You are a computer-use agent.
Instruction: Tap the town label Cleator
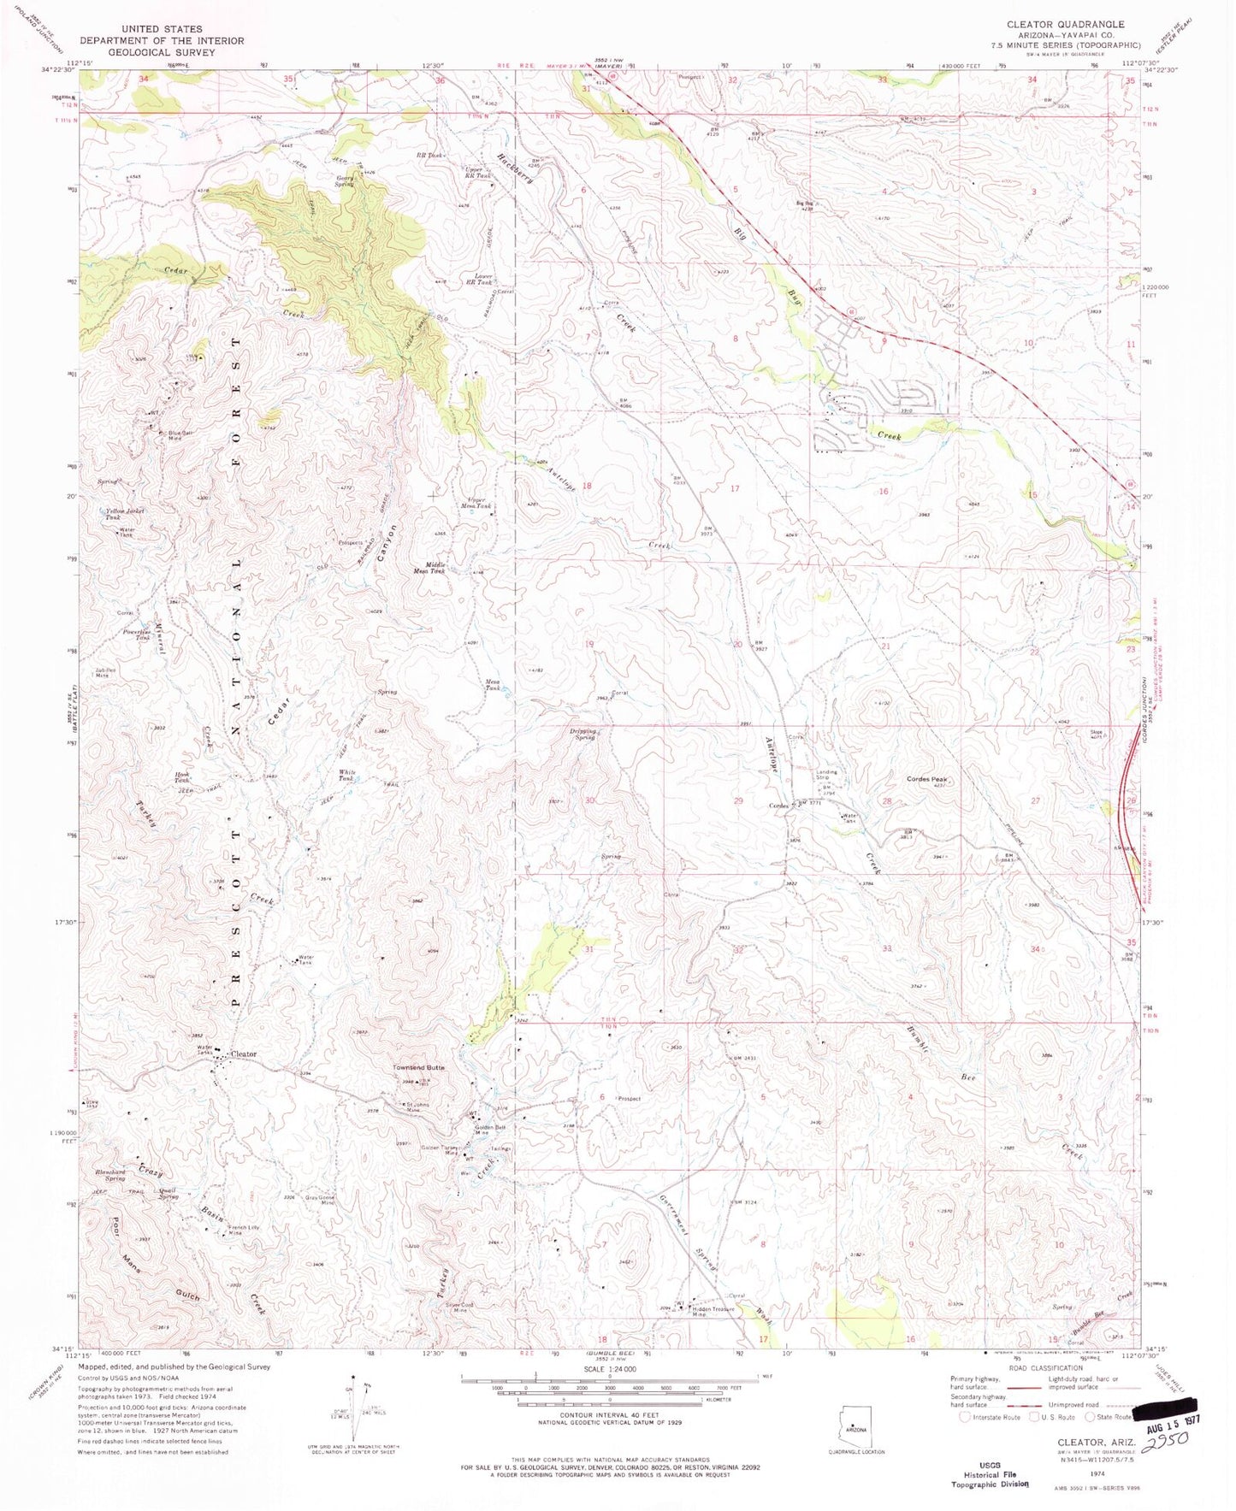(244, 1054)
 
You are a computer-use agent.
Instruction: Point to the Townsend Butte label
(418, 1068)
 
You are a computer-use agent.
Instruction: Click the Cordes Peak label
(926, 779)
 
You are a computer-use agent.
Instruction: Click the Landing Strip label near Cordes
(826, 775)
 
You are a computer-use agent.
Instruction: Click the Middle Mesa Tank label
(429, 570)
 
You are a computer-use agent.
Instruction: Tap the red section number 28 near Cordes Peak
(886, 801)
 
